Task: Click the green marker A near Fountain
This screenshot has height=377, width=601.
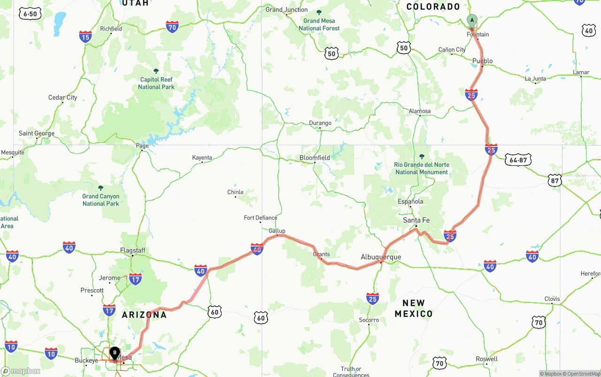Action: point(472,21)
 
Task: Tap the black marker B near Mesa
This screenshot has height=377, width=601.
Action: point(115,353)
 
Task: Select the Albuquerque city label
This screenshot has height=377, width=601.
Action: point(381,257)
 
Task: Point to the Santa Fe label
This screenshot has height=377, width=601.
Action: point(416,220)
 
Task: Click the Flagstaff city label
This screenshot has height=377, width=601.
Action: point(133,250)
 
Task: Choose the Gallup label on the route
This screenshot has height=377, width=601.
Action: point(277,231)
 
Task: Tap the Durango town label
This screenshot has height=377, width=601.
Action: point(320,123)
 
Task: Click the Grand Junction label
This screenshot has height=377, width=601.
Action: point(286,9)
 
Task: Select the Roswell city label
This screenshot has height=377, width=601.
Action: point(486,359)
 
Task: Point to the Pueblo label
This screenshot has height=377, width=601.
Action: point(483,61)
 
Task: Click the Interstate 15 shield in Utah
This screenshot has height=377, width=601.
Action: point(85,37)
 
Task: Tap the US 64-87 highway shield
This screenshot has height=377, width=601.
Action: point(518,160)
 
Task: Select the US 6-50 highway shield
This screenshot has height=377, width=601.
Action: point(30,14)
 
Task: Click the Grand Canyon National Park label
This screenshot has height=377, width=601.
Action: point(100,200)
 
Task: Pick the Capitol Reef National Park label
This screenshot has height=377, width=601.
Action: point(156,83)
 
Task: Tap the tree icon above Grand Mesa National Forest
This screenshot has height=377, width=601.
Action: point(319,13)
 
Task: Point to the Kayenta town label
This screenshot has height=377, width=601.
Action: point(202,158)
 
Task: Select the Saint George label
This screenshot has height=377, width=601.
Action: point(37,133)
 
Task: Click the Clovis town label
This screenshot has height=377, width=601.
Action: point(552,299)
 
